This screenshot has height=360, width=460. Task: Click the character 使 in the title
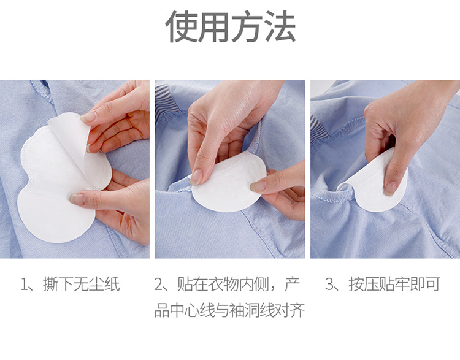click(182, 26)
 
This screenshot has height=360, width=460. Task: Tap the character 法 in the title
click(280, 26)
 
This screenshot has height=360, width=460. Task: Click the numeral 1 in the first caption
click(23, 285)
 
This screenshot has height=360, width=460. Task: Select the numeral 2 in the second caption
click(158, 285)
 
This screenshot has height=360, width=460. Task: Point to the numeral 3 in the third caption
click(330, 285)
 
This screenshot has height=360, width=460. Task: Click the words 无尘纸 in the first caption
click(97, 285)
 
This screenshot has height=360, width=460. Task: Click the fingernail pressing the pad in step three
click(389, 189)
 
